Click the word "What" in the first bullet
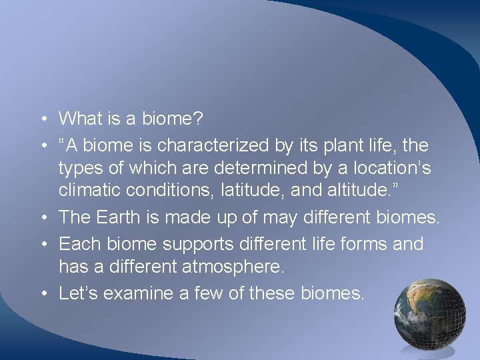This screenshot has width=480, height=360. [81, 119]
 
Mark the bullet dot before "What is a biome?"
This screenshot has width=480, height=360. [42, 120]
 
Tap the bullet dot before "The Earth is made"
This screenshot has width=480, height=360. [42, 218]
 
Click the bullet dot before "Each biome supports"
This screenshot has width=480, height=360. [42, 245]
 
